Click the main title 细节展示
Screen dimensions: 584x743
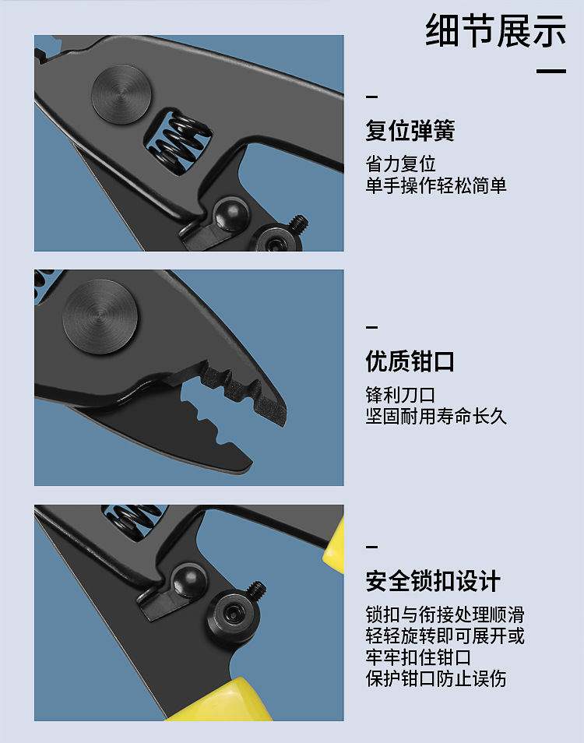point(495,31)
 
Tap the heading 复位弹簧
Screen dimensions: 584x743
point(410,131)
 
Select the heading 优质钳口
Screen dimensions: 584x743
point(410,361)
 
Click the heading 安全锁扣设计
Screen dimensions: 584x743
point(433,581)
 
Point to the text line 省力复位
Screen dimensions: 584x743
point(401,164)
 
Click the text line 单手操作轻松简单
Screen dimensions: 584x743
point(436,185)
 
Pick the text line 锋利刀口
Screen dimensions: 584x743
point(401,395)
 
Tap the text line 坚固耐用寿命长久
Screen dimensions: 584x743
point(436,417)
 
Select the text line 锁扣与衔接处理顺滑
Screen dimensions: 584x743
point(445,614)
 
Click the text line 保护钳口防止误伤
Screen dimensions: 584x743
point(436,678)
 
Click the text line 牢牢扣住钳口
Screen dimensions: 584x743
point(418,657)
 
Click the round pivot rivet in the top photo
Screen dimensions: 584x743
point(121,95)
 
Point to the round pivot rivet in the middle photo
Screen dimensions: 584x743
point(100,316)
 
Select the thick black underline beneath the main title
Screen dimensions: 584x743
point(551,71)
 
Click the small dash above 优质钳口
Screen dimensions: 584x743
point(371,327)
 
